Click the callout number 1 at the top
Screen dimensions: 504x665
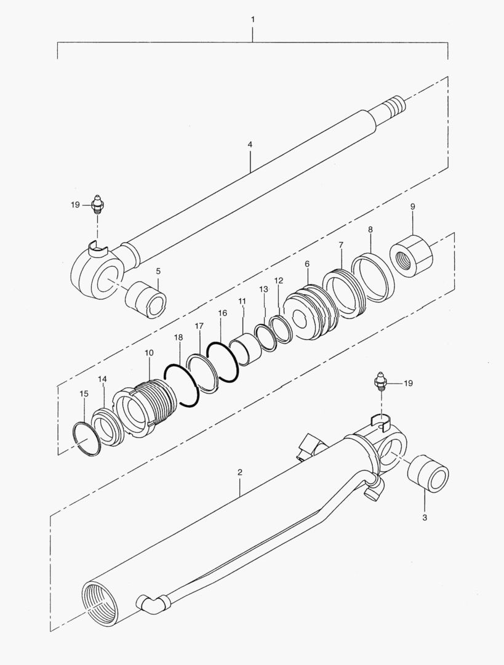[253, 20]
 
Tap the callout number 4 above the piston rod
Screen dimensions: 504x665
[250, 145]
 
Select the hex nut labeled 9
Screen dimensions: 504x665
[410, 256]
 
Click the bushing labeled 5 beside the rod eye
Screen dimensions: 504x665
[145, 299]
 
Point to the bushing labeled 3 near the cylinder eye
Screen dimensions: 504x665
[428, 474]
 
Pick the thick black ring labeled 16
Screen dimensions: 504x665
[223, 361]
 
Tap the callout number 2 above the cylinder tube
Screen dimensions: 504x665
[240, 472]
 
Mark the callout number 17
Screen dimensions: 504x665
[199, 326]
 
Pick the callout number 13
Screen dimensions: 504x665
[264, 289]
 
